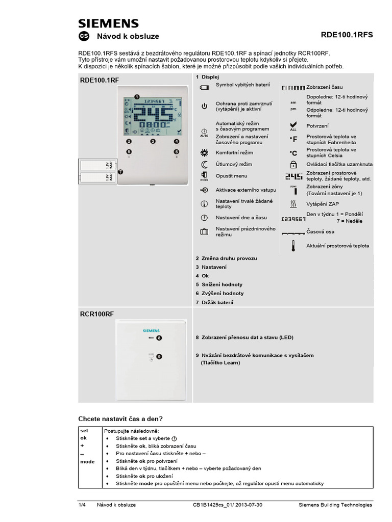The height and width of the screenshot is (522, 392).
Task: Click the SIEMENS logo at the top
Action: coord(108,23)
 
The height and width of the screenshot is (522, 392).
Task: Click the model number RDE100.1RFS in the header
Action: coord(347,35)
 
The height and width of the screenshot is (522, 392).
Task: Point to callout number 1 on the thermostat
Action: coord(137,96)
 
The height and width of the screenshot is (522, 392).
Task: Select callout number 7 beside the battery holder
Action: coord(120,172)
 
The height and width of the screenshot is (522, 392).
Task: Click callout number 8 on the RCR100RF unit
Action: coord(159,337)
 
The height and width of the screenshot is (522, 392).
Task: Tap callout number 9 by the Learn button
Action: coord(159,357)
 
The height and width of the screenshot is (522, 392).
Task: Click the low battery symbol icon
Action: coord(204,88)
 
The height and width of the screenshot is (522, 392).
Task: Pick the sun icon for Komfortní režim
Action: coord(204,152)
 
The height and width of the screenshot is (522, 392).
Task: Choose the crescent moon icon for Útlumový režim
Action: coord(204,164)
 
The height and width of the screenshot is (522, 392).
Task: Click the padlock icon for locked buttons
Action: coord(293,164)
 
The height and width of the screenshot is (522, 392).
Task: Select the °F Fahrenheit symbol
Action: coord(293,139)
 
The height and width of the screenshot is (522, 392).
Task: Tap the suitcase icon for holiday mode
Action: coord(204,231)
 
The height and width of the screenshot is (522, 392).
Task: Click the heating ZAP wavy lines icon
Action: coord(293,204)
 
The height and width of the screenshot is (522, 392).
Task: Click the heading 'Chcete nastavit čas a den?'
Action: coord(120,419)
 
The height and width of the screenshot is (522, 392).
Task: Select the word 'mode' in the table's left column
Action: coord(87,461)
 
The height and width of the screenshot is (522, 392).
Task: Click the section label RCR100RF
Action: coord(96,315)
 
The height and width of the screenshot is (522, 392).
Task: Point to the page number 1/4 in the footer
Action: coord(82,505)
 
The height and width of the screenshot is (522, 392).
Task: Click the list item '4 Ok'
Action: coord(202,276)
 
